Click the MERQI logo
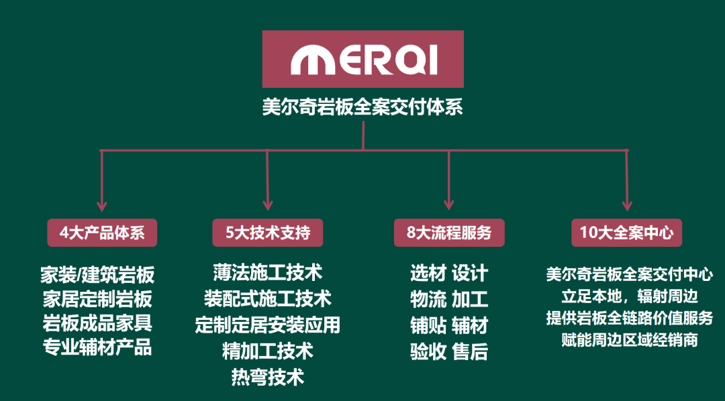pyautogui.click(x=362, y=60)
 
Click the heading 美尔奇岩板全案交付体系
pyautogui.click(x=362, y=107)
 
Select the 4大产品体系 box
pyautogui.click(x=102, y=233)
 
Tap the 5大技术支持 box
pyautogui.click(x=268, y=233)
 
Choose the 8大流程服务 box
pyautogui.click(x=449, y=233)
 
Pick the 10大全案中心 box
pyautogui.click(x=626, y=233)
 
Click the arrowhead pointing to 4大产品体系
pyautogui.click(x=102, y=205)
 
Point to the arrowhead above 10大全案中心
pyautogui.click(x=626, y=205)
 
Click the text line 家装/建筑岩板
pyautogui.click(x=97, y=274)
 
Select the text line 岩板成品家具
pyautogui.click(x=97, y=323)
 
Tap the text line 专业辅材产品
pyautogui.click(x=97, y=347)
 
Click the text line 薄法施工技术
pyautogui.click(x=268, y=272)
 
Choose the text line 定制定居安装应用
pyautogui.click(x=268, y=325)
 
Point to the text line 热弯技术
pyautogui.click(x=268, y=376)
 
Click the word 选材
pyautogui.click(x=428, y=274)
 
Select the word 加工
pyautogui.click(x=470, y=299)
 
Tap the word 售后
pyautogui.click(x=470, y=351)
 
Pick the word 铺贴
pyautogui.click(x=428, y=325)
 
